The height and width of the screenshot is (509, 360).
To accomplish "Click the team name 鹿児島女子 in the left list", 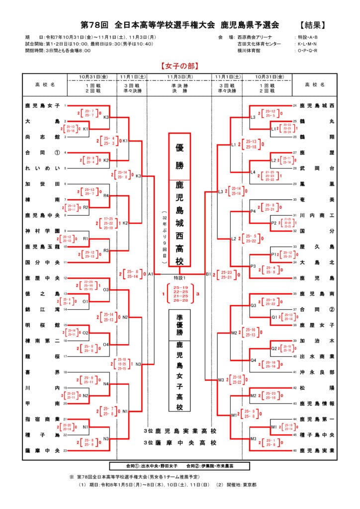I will click(x=42, y=106).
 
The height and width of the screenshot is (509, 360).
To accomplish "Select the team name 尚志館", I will click(x=42, y=137).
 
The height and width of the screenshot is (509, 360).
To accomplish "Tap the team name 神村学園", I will click(x=42, y=231).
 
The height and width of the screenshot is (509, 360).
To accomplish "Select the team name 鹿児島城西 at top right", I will click(x=317, y=106).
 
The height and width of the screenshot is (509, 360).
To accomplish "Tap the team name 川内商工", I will click(x=317, y=215).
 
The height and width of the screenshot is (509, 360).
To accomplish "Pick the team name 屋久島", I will click(x=317, y=247).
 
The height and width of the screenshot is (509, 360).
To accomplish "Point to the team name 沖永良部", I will click(x=317, y=372).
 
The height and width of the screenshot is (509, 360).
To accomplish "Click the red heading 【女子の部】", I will click(x=180, y=65).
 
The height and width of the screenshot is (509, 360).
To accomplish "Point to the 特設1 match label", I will click(x=180, y=277).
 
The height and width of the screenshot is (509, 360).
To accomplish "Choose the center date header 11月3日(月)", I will click(x=180, y=77).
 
